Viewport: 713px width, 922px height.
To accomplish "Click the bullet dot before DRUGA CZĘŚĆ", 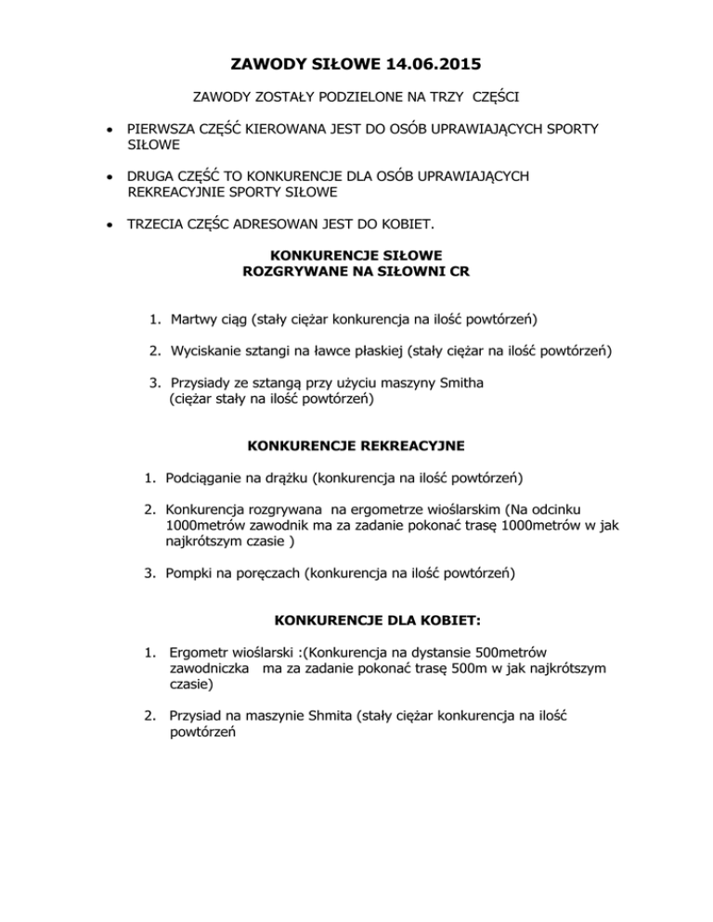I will (110, 175).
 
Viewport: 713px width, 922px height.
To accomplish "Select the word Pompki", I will (189, 574).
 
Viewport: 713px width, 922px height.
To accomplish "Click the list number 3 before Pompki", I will (149, 574).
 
